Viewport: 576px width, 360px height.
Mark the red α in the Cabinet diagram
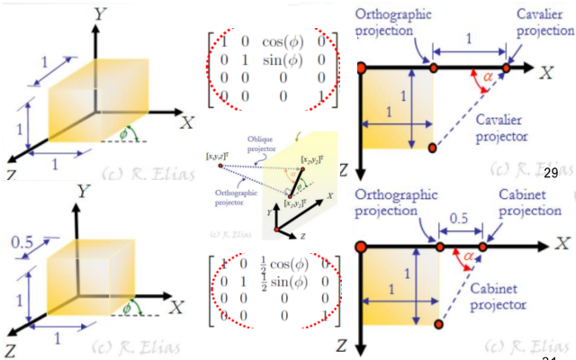click(469, 258)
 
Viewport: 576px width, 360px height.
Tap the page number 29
click(552, 171)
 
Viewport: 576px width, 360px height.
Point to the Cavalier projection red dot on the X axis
click(508, 67)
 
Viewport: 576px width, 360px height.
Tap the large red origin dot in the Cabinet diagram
click(360, 245)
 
